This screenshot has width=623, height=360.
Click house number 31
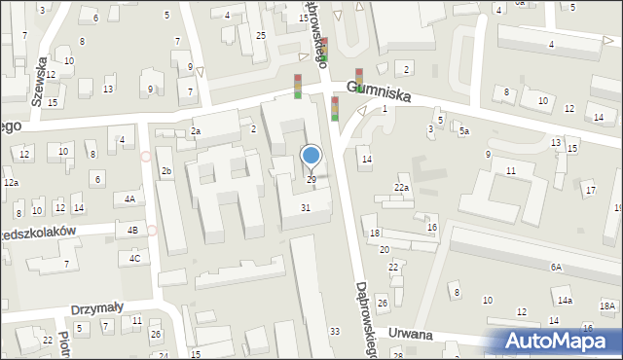pos(306,207)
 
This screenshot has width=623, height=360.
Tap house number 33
pos(334,332)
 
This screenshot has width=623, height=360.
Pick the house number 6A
pos(556,267)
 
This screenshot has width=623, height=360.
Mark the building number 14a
pos(564,302)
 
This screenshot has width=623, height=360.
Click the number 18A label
pos(606,306)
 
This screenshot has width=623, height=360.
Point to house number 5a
pos(464,131)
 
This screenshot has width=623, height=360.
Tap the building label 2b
pos(166,171)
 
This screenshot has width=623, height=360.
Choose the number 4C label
pos(134,258)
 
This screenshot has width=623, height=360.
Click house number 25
pos(261,36)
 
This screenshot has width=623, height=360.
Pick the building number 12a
pos(11,183)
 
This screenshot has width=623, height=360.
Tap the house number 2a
pos(196,131)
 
